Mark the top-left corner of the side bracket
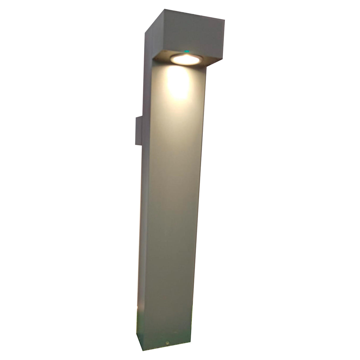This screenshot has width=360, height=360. point(136,117)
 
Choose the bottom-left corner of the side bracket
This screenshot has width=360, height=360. point(136,144)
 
